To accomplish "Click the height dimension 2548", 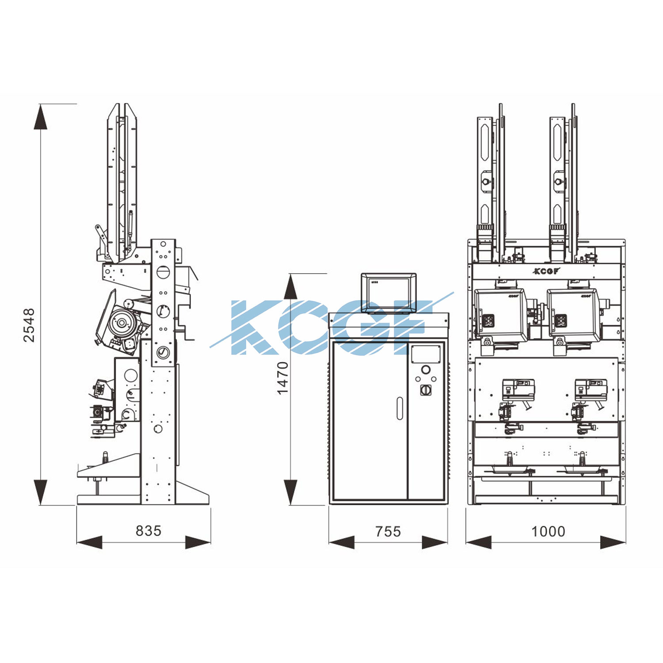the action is (x=29, y=325).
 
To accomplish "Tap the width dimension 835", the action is (x=149, y=530).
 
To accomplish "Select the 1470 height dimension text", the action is (x=282, y=378).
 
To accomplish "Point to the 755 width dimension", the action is (x=388, y=531).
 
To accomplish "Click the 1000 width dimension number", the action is (x=548, y=531).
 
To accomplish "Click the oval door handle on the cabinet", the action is (x=400, y=408).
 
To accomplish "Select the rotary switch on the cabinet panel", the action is (x=426, y=390).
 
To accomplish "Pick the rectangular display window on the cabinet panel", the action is (x=426, y=354).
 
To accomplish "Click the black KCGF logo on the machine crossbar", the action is (x=546, y=271).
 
